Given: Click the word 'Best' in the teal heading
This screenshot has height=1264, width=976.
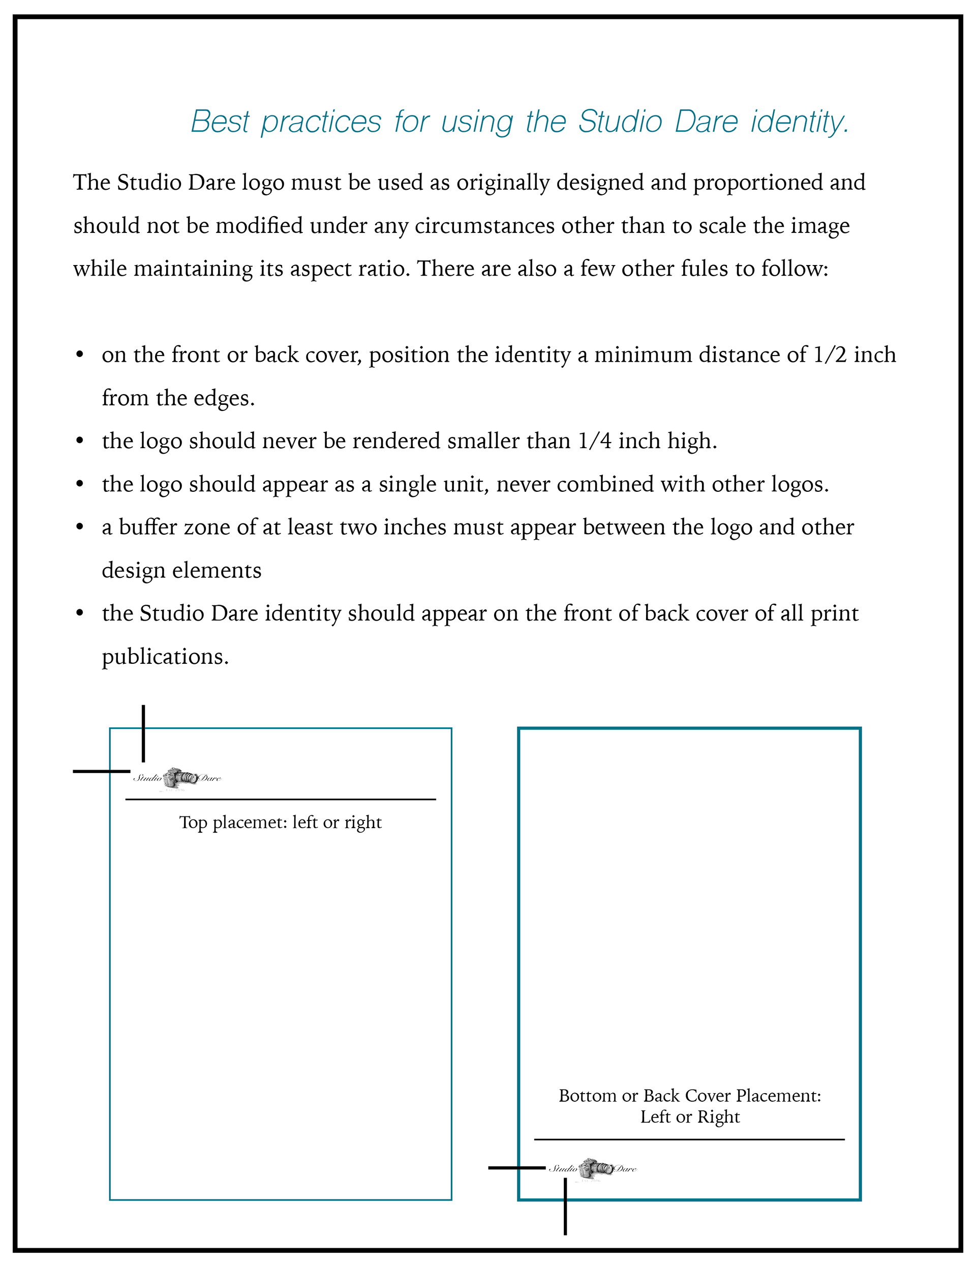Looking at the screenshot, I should coord(219,122).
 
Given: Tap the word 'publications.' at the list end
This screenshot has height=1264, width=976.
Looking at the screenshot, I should coord(166,656).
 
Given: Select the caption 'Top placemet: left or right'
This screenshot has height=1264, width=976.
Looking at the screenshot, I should coord(281,822).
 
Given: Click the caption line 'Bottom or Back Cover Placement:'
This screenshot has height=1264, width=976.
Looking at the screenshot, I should coord(690,1096).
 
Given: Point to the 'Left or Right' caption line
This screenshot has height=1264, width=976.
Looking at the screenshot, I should coord(690,1117).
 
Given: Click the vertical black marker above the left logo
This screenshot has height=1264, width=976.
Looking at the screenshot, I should coord(143,734).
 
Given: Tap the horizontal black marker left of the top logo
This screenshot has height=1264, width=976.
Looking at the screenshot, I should coord(102,772).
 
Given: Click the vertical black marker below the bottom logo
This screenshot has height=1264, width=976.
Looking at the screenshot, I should coord(565,1207).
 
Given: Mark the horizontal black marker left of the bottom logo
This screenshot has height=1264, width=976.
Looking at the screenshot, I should coord(516,1168).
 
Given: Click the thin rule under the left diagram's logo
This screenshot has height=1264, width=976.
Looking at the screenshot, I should coord(281,799).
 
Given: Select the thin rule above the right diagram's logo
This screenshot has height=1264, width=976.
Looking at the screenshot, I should coord(689,1139).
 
